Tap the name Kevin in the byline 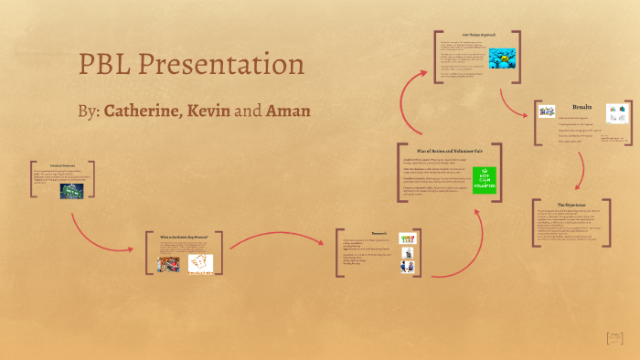coord(208,111)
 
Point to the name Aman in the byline coord(288,111)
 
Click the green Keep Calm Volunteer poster coord(485,180)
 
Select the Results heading coord(581,107)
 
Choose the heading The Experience coord(571,205)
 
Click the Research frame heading coord(379,233)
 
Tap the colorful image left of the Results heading coord(547,111)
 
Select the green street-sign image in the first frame coord(72,191)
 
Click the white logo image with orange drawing coord(200,264)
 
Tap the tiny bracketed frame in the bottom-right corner coord(615,338)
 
